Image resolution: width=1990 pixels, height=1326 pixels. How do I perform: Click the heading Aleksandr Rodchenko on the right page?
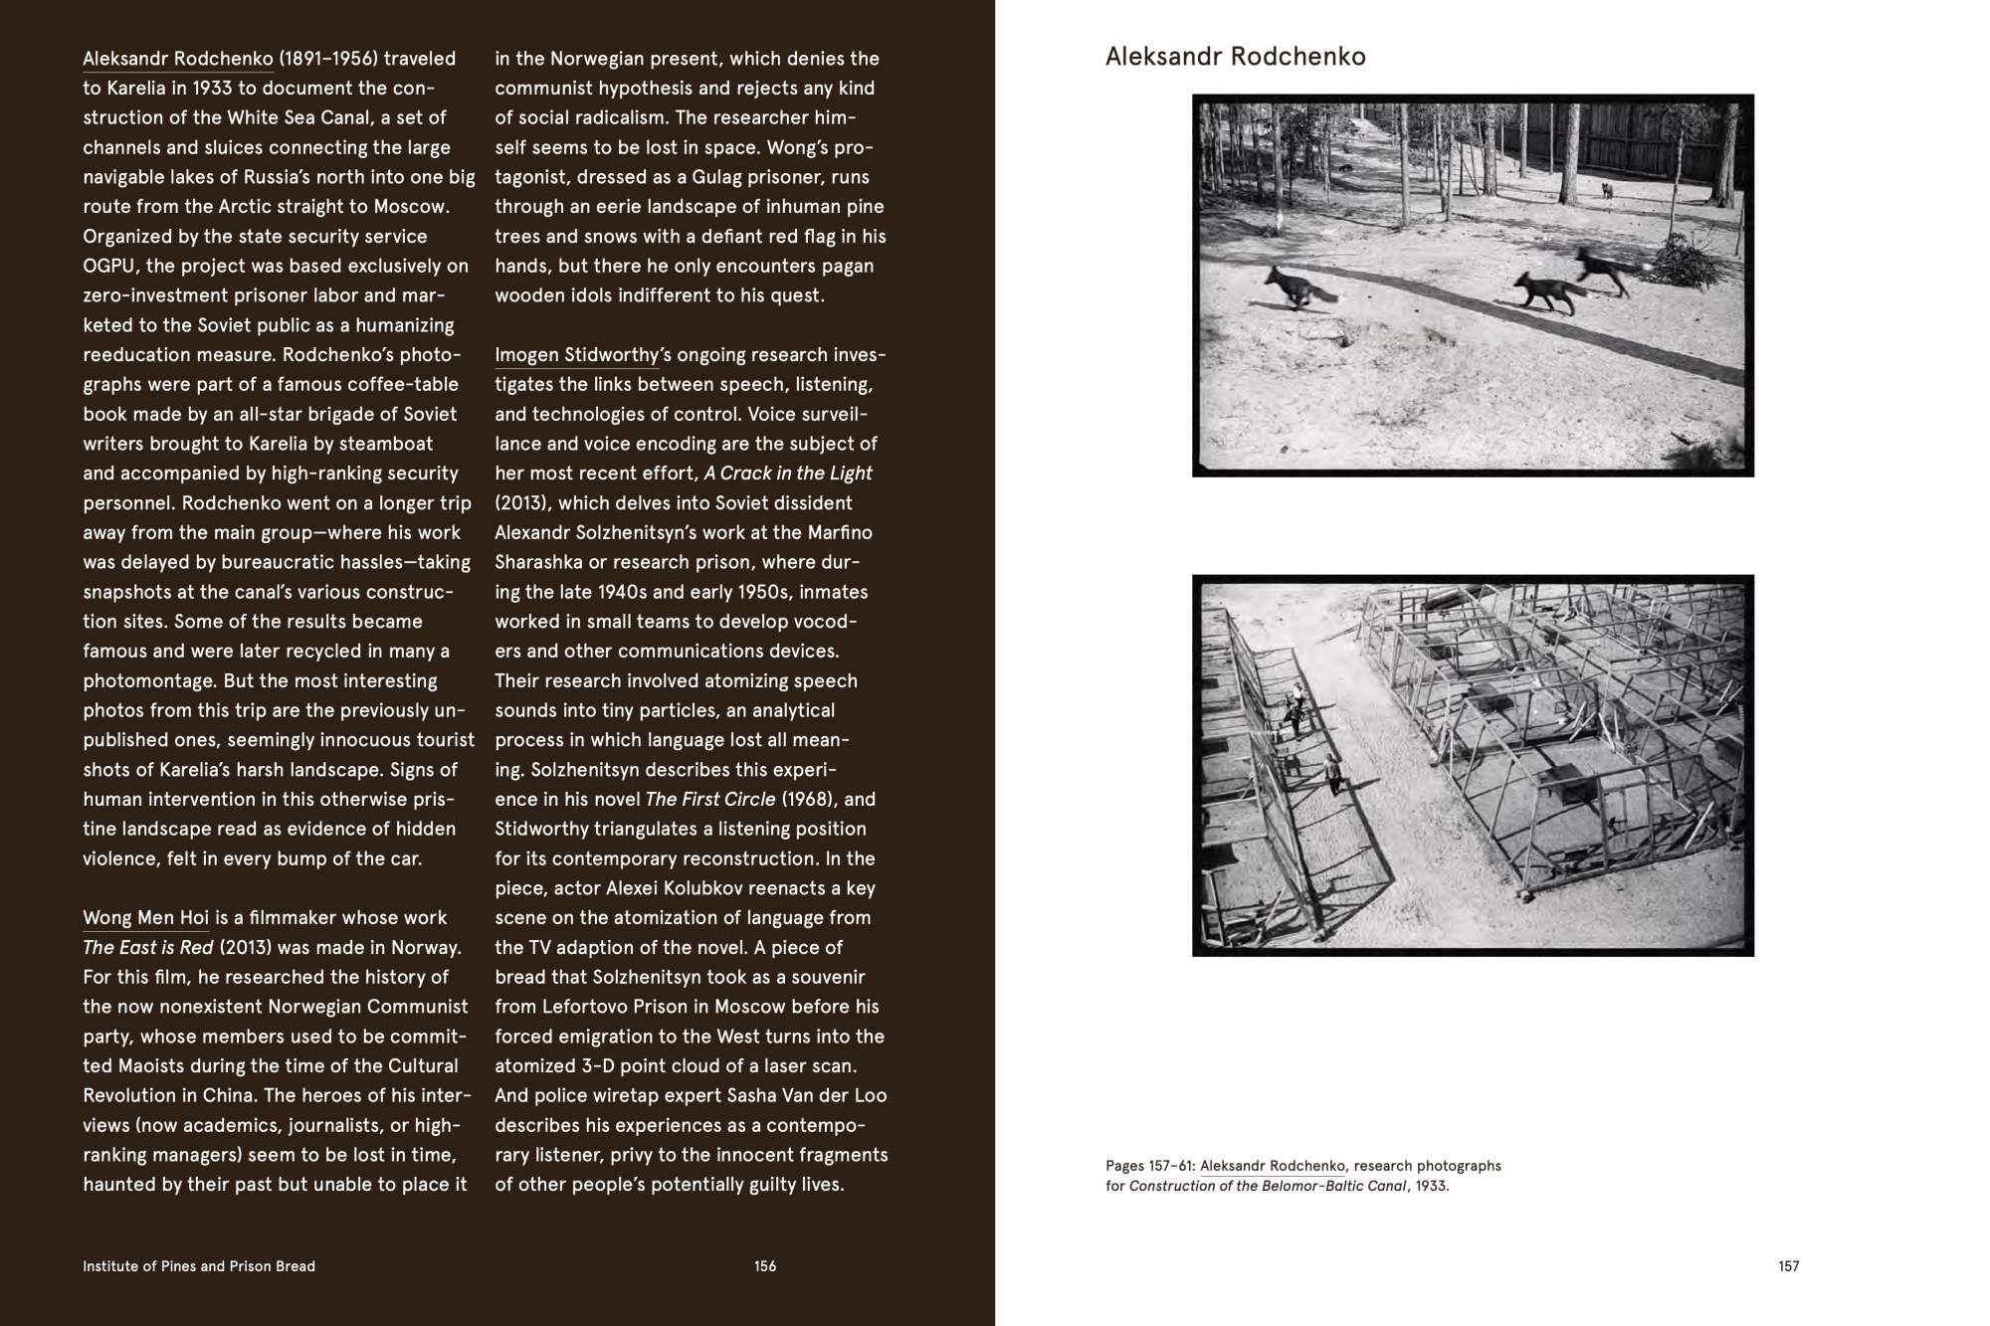click(1235, 57)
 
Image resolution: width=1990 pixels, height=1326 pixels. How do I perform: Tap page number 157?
click(1788, 1266)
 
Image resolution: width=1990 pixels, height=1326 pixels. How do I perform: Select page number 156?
click(764, 1266)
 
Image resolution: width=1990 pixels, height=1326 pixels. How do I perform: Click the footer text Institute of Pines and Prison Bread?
click(199, 1266)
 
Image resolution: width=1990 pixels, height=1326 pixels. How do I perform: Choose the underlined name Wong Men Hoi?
click(145, 918)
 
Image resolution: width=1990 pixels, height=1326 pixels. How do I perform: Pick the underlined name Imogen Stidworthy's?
click(576, 355)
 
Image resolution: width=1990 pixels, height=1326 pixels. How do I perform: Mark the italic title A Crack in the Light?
click(788, 474)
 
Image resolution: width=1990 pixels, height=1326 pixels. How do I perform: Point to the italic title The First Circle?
click(709, 800)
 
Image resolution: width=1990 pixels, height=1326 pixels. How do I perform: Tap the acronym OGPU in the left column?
click(111, 267)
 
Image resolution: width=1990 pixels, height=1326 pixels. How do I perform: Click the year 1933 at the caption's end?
click(1432, 1186)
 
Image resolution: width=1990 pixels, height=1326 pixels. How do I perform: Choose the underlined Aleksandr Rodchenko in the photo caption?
click(1273, 1166)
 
